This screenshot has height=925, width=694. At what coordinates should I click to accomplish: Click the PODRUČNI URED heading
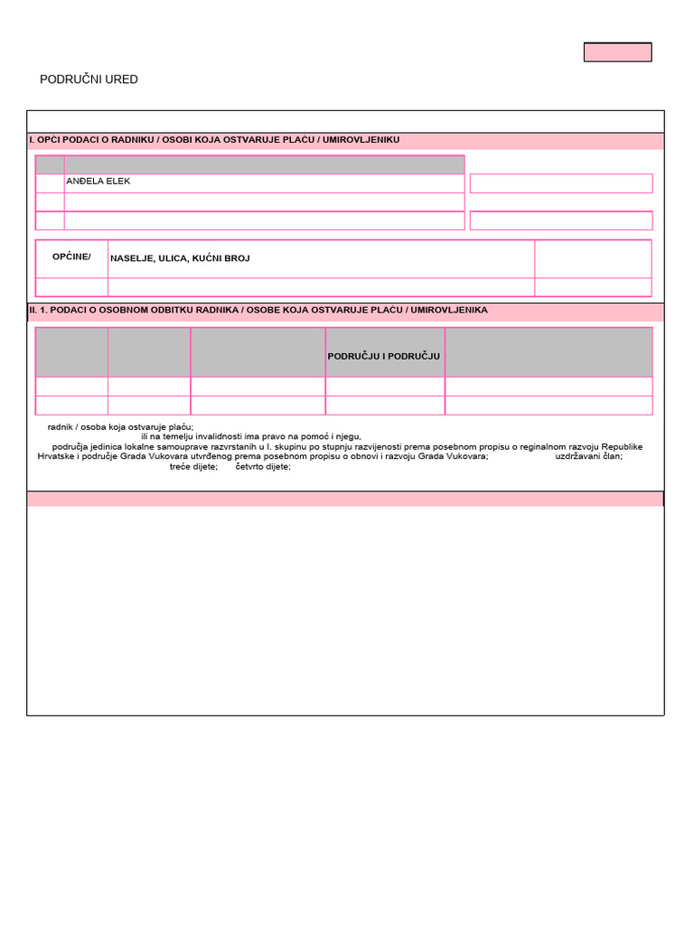(x=89, y=79)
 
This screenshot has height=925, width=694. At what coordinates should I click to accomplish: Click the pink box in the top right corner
(x=617, y=52)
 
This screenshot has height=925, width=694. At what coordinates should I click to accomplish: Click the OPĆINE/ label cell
(x=71, y=257)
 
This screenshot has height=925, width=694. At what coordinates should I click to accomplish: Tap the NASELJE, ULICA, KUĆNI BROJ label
(x=180, y=258)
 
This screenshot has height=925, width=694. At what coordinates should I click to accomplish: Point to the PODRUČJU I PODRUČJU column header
(x=384, y=356)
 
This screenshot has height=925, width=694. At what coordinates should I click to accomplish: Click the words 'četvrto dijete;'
(x=263, y=466)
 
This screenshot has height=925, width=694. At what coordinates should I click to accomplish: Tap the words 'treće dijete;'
(x=193, y=466)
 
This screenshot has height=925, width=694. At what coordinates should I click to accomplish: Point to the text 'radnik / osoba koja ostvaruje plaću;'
(x=120, y=427)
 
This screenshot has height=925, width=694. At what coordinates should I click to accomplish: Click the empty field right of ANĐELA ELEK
(x=560, y=183)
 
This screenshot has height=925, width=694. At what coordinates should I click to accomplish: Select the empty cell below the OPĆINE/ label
(x=71, y=287)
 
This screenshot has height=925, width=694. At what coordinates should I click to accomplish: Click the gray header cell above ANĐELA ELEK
(x=264, y=164)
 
